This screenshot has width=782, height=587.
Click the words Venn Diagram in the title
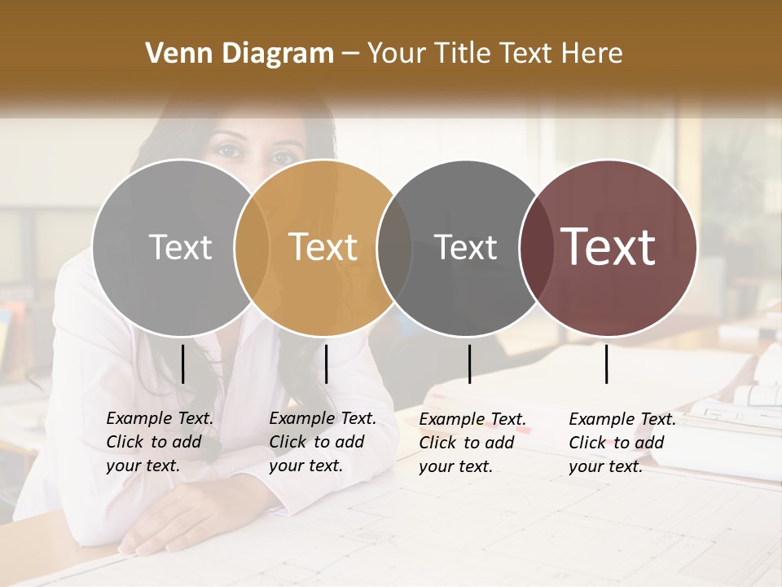pos(239,54)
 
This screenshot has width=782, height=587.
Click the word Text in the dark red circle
pos(608,246)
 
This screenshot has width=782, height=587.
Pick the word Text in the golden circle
pos(323,246)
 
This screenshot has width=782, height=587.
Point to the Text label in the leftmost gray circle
pos(180,247)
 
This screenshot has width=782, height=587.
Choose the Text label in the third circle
pos(465,247)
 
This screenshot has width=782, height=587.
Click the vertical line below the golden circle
pos(326,364)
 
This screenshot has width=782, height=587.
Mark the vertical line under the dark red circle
pos(606,364)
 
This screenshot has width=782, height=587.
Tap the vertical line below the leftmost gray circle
pos(182,364)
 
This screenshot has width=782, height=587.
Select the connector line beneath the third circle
pos(469,364)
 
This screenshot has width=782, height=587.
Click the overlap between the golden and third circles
pos(394,247)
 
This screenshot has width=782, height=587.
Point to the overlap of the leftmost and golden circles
pos(252,247)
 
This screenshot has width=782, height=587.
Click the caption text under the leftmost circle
pos(160,442)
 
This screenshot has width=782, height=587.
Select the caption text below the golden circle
pos(323,442)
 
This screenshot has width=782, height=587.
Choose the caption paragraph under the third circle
pos(472,443)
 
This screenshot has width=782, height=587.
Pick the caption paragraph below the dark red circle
pos(622,443)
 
